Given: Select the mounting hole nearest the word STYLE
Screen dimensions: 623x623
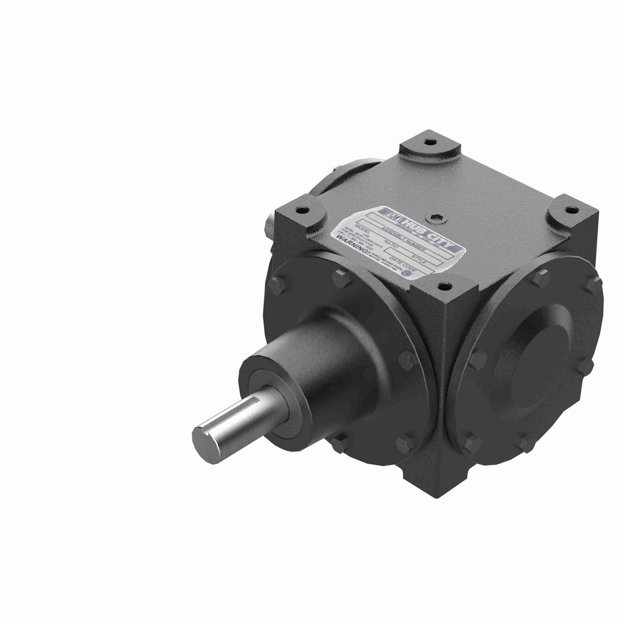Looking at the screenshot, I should tap(443, 285).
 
